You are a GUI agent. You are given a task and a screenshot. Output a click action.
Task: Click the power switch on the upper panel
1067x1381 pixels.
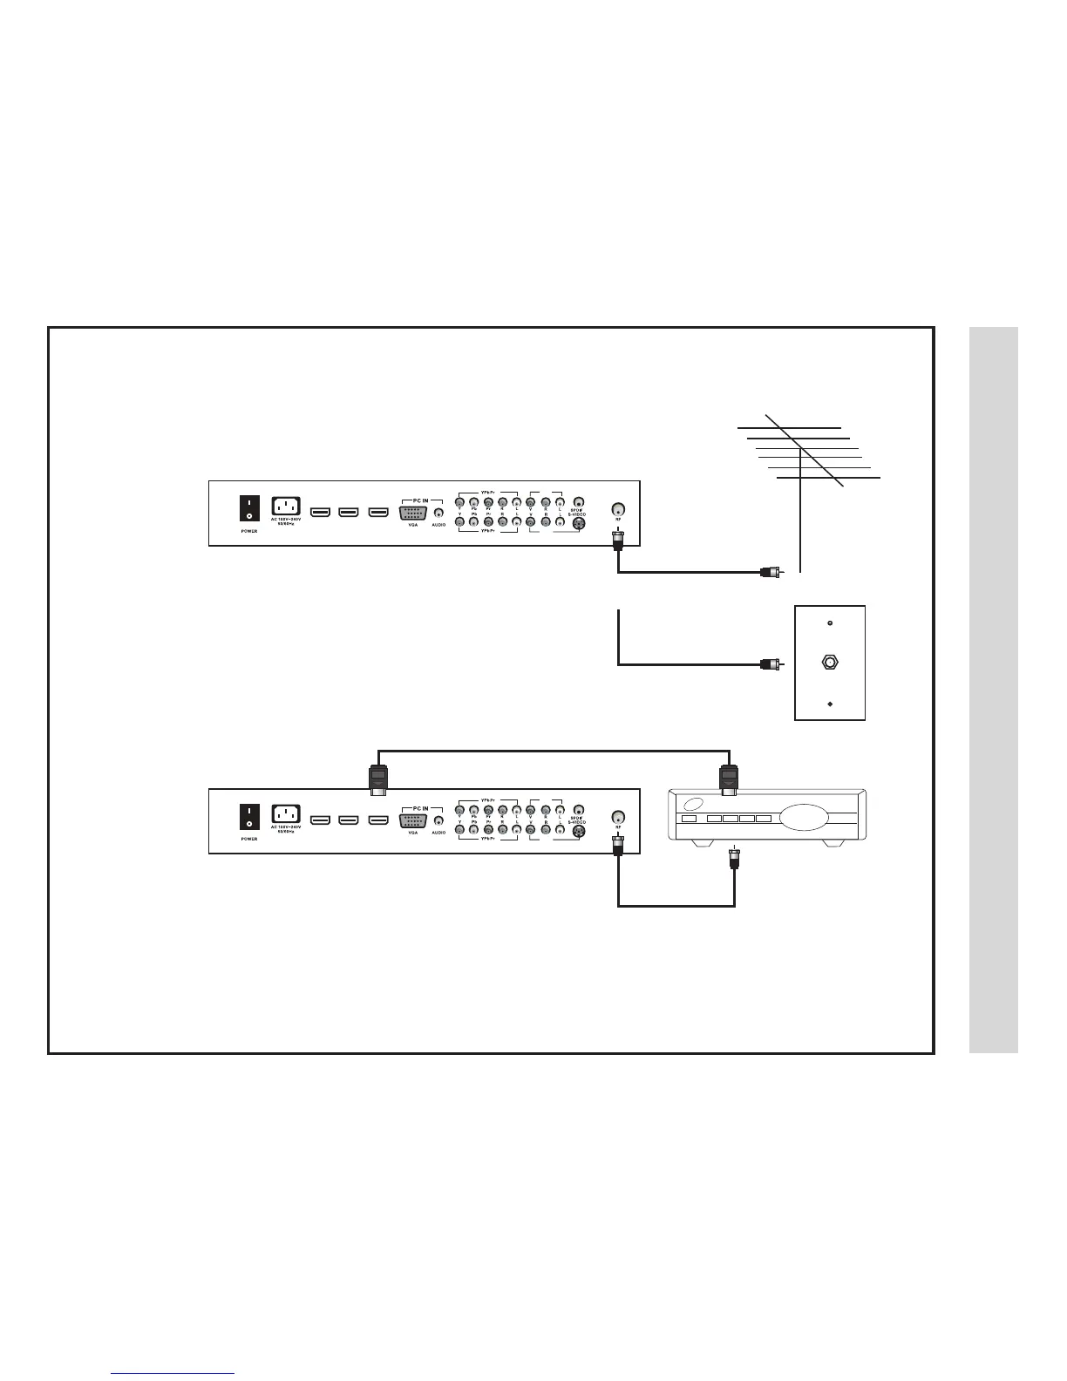point(250,509)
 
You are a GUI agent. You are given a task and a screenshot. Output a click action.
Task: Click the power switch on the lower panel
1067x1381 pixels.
point(250,817)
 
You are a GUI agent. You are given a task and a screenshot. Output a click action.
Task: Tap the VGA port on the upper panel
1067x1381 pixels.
point(413,511)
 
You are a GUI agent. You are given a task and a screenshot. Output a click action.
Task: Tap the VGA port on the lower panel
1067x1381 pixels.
point(413,820)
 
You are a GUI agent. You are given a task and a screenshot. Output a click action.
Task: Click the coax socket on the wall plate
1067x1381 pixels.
point(829,662)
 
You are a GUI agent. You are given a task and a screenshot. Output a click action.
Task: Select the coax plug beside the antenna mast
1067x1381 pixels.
point(769,572)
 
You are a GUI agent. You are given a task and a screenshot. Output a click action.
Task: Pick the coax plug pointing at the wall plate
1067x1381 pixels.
point(769,664)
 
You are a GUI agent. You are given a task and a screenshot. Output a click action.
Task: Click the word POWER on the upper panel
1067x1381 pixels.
point(249,531)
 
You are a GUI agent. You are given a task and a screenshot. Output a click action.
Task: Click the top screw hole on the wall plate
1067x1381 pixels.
point(829,623)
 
